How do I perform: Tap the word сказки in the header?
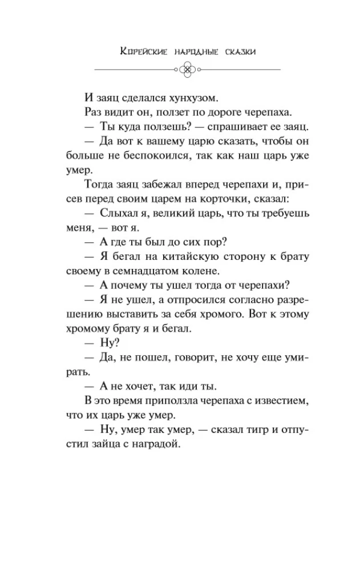click(235, 52)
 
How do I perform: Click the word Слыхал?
click(118, 214)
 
